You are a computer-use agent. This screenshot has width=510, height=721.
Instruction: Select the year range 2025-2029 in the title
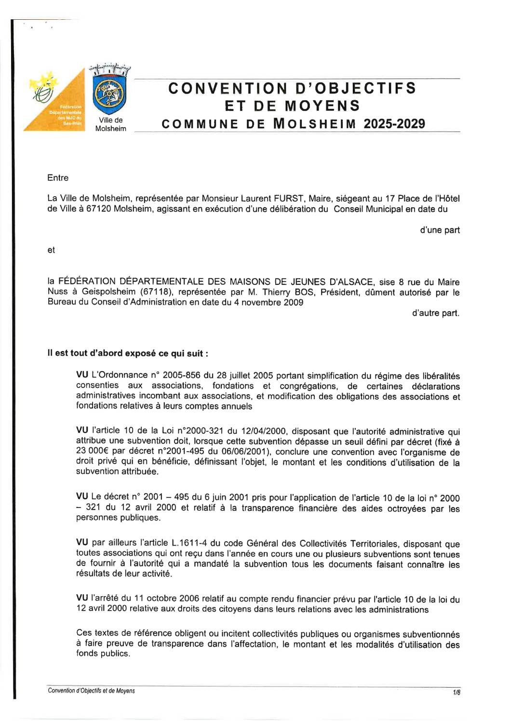(394, 123)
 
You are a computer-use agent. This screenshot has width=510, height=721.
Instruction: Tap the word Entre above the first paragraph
(58, 178)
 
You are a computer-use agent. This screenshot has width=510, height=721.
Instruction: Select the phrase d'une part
(440, 230)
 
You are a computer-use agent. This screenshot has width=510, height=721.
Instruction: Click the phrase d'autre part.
(436, 313)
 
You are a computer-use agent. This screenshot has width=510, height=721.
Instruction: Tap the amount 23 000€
(94, 452)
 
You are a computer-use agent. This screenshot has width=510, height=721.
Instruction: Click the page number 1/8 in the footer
(456, 693)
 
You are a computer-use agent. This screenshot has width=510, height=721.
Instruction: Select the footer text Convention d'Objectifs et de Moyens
(91, 691)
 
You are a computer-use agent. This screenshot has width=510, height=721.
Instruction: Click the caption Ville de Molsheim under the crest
(110, 124)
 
